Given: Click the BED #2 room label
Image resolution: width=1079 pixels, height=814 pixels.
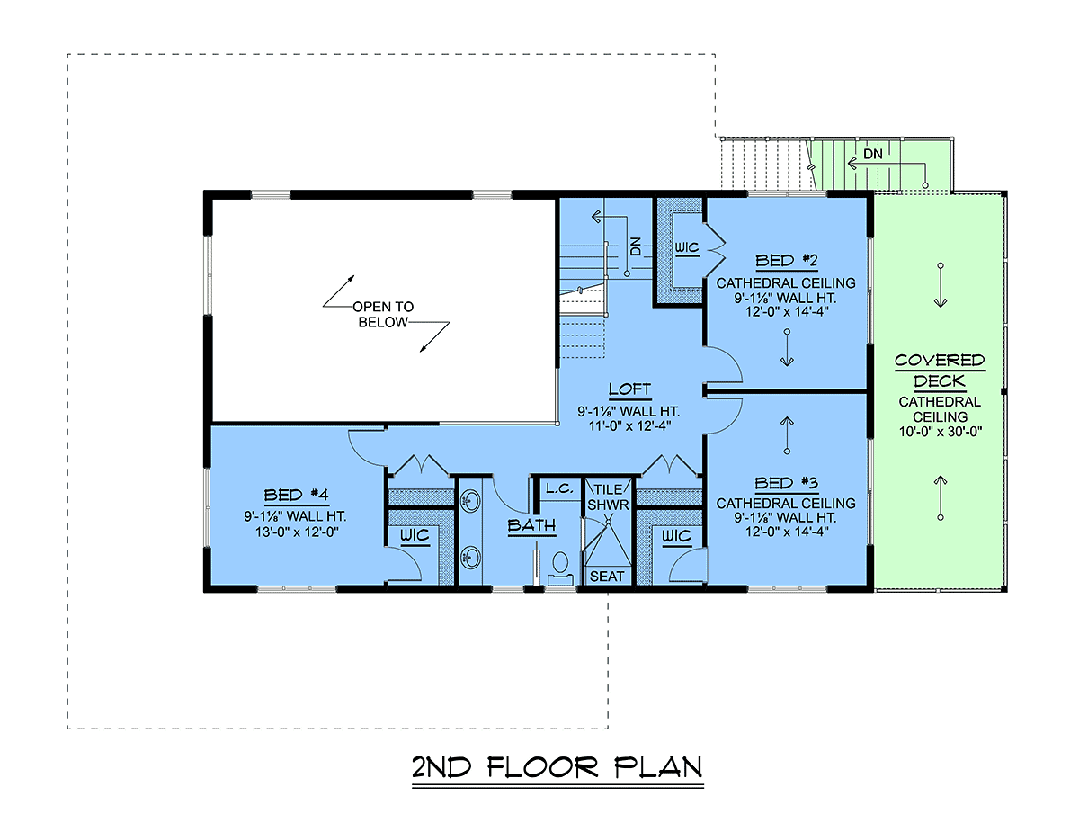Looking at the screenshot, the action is [x=786, y=260].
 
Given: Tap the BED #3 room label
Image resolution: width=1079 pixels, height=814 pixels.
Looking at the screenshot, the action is [x=786, y=483].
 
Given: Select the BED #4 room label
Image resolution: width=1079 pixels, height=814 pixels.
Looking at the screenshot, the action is [x=296, y=495].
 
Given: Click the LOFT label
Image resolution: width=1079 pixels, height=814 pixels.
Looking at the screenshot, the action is [x=629, y=389].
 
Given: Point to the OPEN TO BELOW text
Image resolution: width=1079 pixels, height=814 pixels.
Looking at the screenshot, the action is [x=383, y=315].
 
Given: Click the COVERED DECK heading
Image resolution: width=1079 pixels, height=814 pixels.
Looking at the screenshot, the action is [x=940, y=371].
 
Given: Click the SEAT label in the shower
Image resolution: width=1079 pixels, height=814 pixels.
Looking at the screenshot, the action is [x=607, y=576].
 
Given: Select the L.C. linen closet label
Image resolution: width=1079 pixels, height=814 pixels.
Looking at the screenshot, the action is [x=559, y=488].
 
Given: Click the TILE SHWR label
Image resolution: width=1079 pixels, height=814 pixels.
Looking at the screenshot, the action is [x=608, y=497].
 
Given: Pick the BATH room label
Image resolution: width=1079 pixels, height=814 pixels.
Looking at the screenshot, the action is [x=531, y=525].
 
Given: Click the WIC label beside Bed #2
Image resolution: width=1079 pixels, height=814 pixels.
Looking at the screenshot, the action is [x=686, y=247].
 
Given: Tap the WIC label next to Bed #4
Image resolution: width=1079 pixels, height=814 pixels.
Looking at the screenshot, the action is [x=415, y=535].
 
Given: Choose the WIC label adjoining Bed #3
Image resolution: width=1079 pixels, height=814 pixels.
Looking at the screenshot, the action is [x=676, y=535].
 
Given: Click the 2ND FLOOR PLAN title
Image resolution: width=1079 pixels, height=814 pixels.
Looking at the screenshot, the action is [x=557, y=767].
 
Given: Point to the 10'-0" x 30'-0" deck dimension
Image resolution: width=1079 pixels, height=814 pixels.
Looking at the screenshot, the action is [x=940, y=432].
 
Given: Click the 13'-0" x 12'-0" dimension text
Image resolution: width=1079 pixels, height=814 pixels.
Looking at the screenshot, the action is [x=297, y=532].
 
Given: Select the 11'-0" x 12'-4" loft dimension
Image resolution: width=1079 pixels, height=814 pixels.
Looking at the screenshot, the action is [x=629, y=425].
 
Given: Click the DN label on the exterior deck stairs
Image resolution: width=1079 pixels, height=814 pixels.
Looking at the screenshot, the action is [x=873, y=154].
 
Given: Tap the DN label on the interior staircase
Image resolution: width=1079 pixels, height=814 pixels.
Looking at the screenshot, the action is [x=636, y=246].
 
